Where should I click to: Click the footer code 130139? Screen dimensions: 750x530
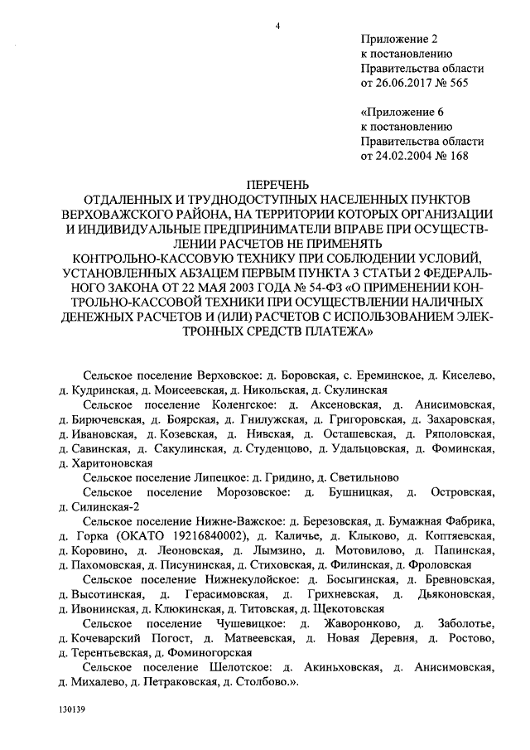tap(73, 711)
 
